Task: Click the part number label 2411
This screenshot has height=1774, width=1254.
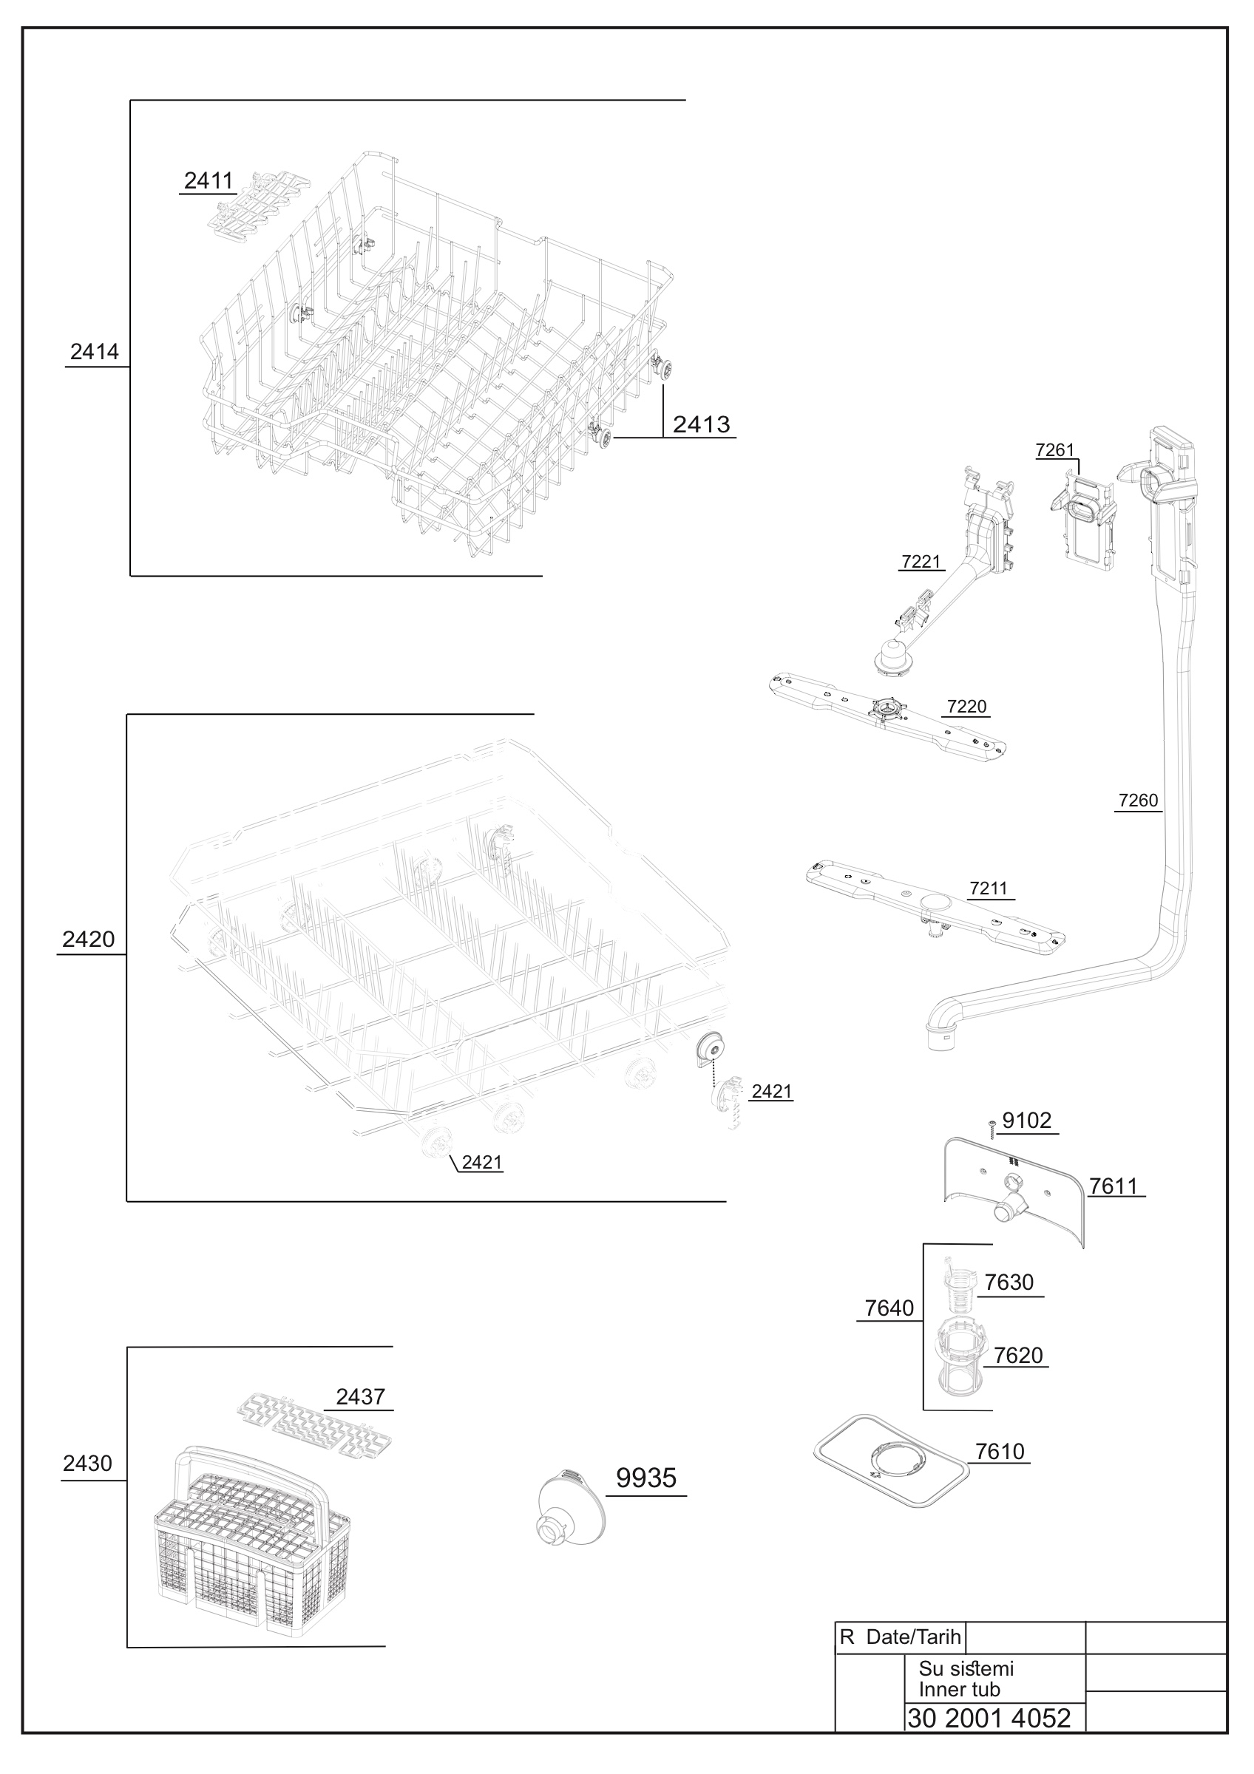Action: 209,181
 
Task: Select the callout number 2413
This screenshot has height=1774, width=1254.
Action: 701,424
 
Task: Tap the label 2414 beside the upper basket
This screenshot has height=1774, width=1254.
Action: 94,352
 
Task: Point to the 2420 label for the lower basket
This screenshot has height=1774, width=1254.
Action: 88,939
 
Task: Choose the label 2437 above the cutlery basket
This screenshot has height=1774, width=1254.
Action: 360,1396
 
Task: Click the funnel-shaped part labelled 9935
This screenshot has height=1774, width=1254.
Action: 570,1507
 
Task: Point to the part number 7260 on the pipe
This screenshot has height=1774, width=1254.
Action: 1138,800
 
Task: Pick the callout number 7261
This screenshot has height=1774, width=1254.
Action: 1054,449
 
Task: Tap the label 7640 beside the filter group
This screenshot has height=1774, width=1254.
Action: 889,1308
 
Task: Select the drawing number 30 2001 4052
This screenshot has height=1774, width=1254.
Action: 989,1718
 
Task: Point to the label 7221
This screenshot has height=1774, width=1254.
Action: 921,562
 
